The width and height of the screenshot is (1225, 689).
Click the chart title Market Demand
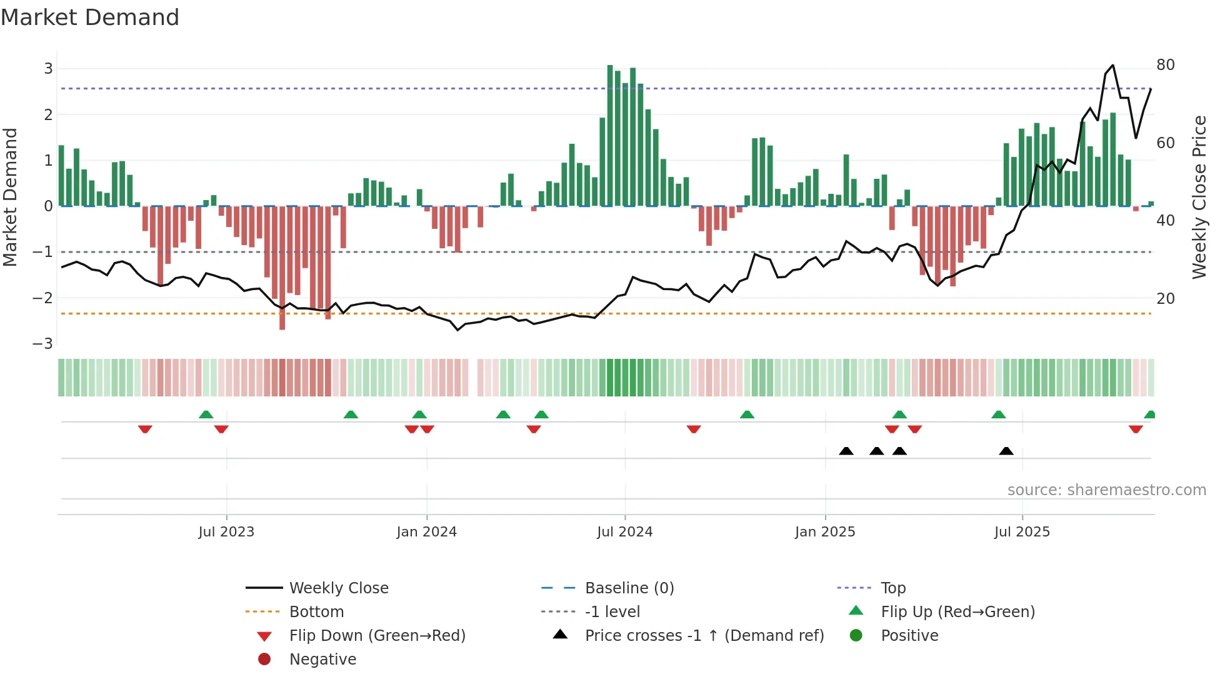90,18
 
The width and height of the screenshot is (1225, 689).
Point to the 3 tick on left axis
48,69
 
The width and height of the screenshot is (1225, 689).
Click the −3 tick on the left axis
43,343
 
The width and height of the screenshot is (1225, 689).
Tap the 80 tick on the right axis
1165,65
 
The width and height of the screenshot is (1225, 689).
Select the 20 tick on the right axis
1165,299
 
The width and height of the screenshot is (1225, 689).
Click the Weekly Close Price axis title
1199,197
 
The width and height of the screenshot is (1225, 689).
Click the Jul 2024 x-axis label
624,532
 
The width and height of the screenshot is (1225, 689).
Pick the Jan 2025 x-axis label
825,532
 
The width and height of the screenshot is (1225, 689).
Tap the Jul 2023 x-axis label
226,532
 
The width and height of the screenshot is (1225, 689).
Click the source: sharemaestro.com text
1106,490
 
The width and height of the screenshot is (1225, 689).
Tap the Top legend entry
893,588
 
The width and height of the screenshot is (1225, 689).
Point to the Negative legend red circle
264,660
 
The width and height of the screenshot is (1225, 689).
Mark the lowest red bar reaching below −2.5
282,269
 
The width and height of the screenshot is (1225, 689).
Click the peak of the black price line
1112,66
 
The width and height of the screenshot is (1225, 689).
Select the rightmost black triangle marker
1006,451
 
